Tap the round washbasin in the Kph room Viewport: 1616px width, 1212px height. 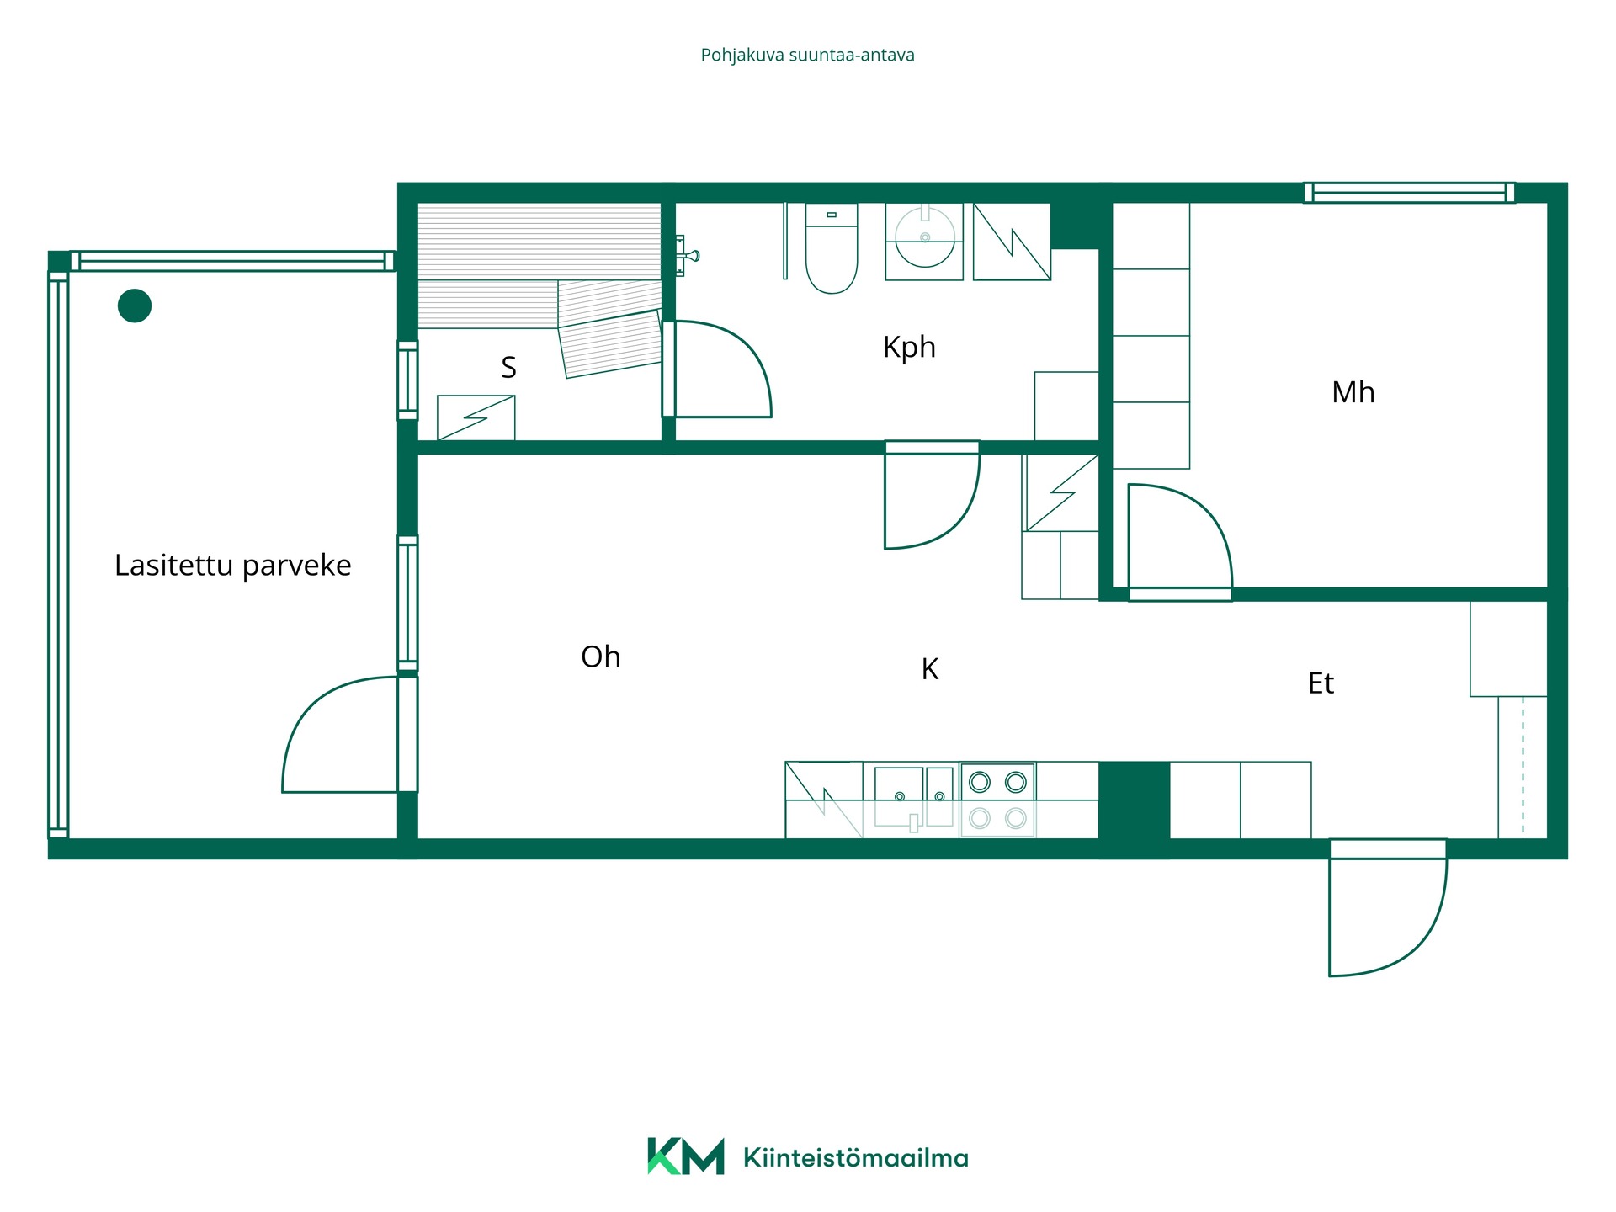924,238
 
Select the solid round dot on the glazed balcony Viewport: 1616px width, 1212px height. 135,306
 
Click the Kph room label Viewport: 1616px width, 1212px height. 909,347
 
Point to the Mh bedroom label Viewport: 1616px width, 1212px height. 1353,392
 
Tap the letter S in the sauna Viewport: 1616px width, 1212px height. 508,367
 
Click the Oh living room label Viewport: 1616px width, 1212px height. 600,656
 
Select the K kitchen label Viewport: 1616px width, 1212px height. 929,669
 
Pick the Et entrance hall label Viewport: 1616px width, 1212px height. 1321,683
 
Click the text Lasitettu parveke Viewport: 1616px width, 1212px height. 232,566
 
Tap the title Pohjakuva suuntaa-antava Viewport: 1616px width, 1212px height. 807,56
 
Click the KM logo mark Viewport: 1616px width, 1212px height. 685,1156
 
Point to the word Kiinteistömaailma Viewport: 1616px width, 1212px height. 855,1157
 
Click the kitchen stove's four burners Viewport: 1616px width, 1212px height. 997,800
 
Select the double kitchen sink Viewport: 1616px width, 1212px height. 914,796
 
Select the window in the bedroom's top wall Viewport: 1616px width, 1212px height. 1409,193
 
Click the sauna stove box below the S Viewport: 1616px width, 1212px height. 476,417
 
